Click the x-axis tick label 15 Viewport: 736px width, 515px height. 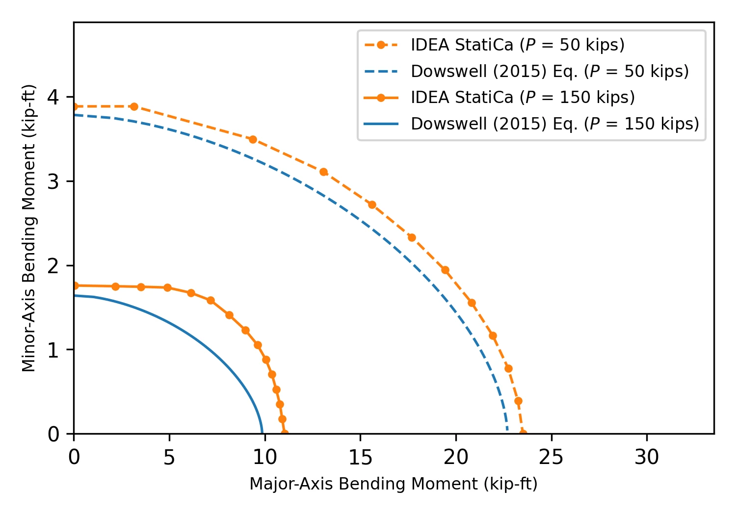pyautogui.click(x=361, y=457)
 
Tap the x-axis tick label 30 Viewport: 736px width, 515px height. pyautogui.click(x=647, y=457)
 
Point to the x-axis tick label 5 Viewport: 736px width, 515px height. pyautogui.click(x=169, y=457)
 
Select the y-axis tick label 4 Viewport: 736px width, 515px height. pyautogui.click(x=53, y=97)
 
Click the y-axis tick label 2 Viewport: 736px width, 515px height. pyautogui.click(x=53, y=266)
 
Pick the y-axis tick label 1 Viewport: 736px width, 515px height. pyautogui.click(x=53, y=350)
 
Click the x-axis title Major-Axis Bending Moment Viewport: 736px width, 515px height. pyautogui.click(x=394, y=484)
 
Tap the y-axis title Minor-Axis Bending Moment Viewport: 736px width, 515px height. pyautogui.click(x=28, y=228)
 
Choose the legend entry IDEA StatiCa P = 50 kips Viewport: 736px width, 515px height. pyautogui.click(x=495, y=45)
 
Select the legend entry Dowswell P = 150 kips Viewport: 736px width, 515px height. pyautogui.click(x=531, y=124)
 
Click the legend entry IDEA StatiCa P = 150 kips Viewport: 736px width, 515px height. pyautogui.click(x=499, y=97)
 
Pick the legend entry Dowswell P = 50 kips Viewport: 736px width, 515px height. pyautogui.click(x=526, y=71)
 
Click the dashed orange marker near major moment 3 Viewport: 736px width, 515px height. pyautogui.click(x=134, y=106)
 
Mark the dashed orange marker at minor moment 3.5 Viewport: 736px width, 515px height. pyautogui.click(x=253, y=140)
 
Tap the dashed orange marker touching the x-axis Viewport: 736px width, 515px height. pyautogui.click(x=523, y=433)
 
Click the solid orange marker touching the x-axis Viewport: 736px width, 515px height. pyautogui.click(x=285, y=433)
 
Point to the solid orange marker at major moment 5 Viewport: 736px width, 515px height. pyautogui.click(x=167, y=288)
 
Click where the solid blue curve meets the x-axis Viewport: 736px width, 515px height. pyautogui.click(x=262, y=434)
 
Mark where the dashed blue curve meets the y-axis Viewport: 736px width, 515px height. pyautogui.click(x=74, y=115)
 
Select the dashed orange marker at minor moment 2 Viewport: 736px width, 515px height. pyautogui.click(x=445, y=270)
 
